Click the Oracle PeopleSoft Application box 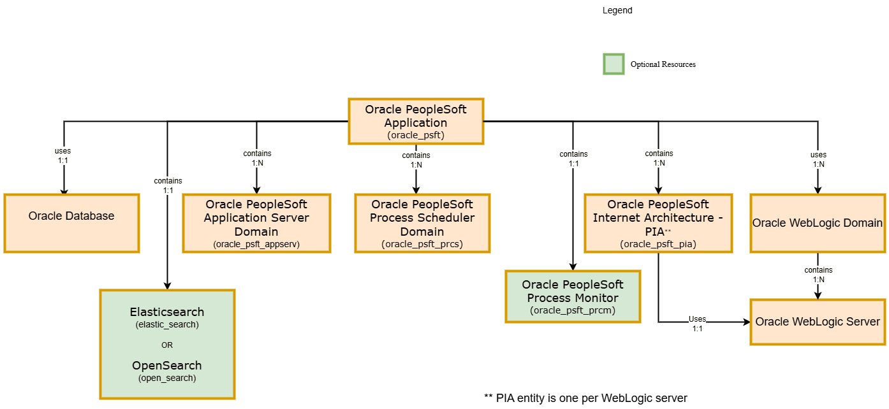pyautogui.click(x=416, y=121)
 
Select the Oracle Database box pyautogui.click(x=71, y=223)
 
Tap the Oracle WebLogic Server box pyautogui.click(x=818, y=322)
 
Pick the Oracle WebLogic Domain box pyautogui.click(x=818, y=223)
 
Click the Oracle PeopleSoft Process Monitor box pyautogui.click(x=573, y=296)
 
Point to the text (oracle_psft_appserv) pyautogui.click(x=256, y=244)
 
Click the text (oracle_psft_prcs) pyautogui.click(x=422, y=244)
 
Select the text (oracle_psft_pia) pyautogui.click(x=658, y=244)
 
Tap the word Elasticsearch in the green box pyautogui.click(x=167, y=312)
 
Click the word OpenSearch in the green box pyautogui.click(x=167, y=366)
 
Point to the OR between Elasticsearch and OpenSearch pyautogui.click(x=167, y=345)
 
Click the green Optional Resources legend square pyautogui.click(x=613, y=64)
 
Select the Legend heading pyautogui.click(x=617, y=11)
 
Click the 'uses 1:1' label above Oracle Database pyautogui.click(x=62, y=155)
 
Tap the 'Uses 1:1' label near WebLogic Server pyautogui.click(x=697, y=324)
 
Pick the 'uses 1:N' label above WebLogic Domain pyautogui.click(x=818, y=159)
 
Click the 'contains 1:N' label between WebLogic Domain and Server pyautogui.click(x=818, y=275)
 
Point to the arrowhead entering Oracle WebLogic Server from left pyautogui.click(x=746, y=322)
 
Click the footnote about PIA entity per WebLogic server pyautogui.click(x=585, y=398)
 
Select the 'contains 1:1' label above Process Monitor pyautogui.click(x=573, y=159)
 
